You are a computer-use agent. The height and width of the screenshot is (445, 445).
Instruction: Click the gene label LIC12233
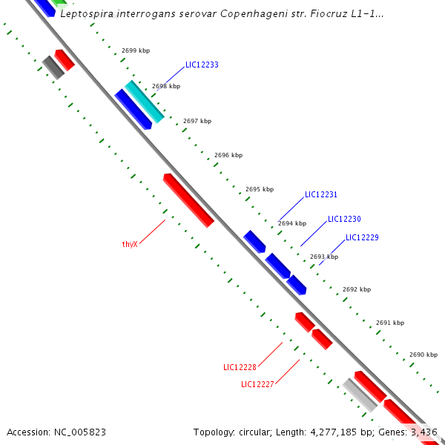[202, 65]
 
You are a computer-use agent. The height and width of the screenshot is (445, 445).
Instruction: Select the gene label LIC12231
[321, 195]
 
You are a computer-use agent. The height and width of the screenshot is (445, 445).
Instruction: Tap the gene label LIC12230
[344, 220]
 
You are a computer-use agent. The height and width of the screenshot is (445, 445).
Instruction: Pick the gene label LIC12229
[362, 238]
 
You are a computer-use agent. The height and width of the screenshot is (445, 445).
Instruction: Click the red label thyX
[130, 244]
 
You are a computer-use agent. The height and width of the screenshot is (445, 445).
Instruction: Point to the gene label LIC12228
[240, 367]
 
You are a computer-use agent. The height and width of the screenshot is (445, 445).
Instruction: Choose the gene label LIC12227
[257, 384]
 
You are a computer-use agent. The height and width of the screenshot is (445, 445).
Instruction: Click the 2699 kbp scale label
[135, 51]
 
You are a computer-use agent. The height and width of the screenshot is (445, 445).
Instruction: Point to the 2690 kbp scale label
[423, 355]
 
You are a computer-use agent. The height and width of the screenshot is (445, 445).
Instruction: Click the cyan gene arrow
[144, 101]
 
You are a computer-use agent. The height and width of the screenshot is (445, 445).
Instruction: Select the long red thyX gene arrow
[188, 200]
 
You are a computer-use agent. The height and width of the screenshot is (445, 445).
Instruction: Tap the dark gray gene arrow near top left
[53, 67]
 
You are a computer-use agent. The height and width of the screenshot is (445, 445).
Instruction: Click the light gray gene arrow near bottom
[360, 394]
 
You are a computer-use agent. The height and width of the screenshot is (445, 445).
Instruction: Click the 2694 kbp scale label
[292, 223]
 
